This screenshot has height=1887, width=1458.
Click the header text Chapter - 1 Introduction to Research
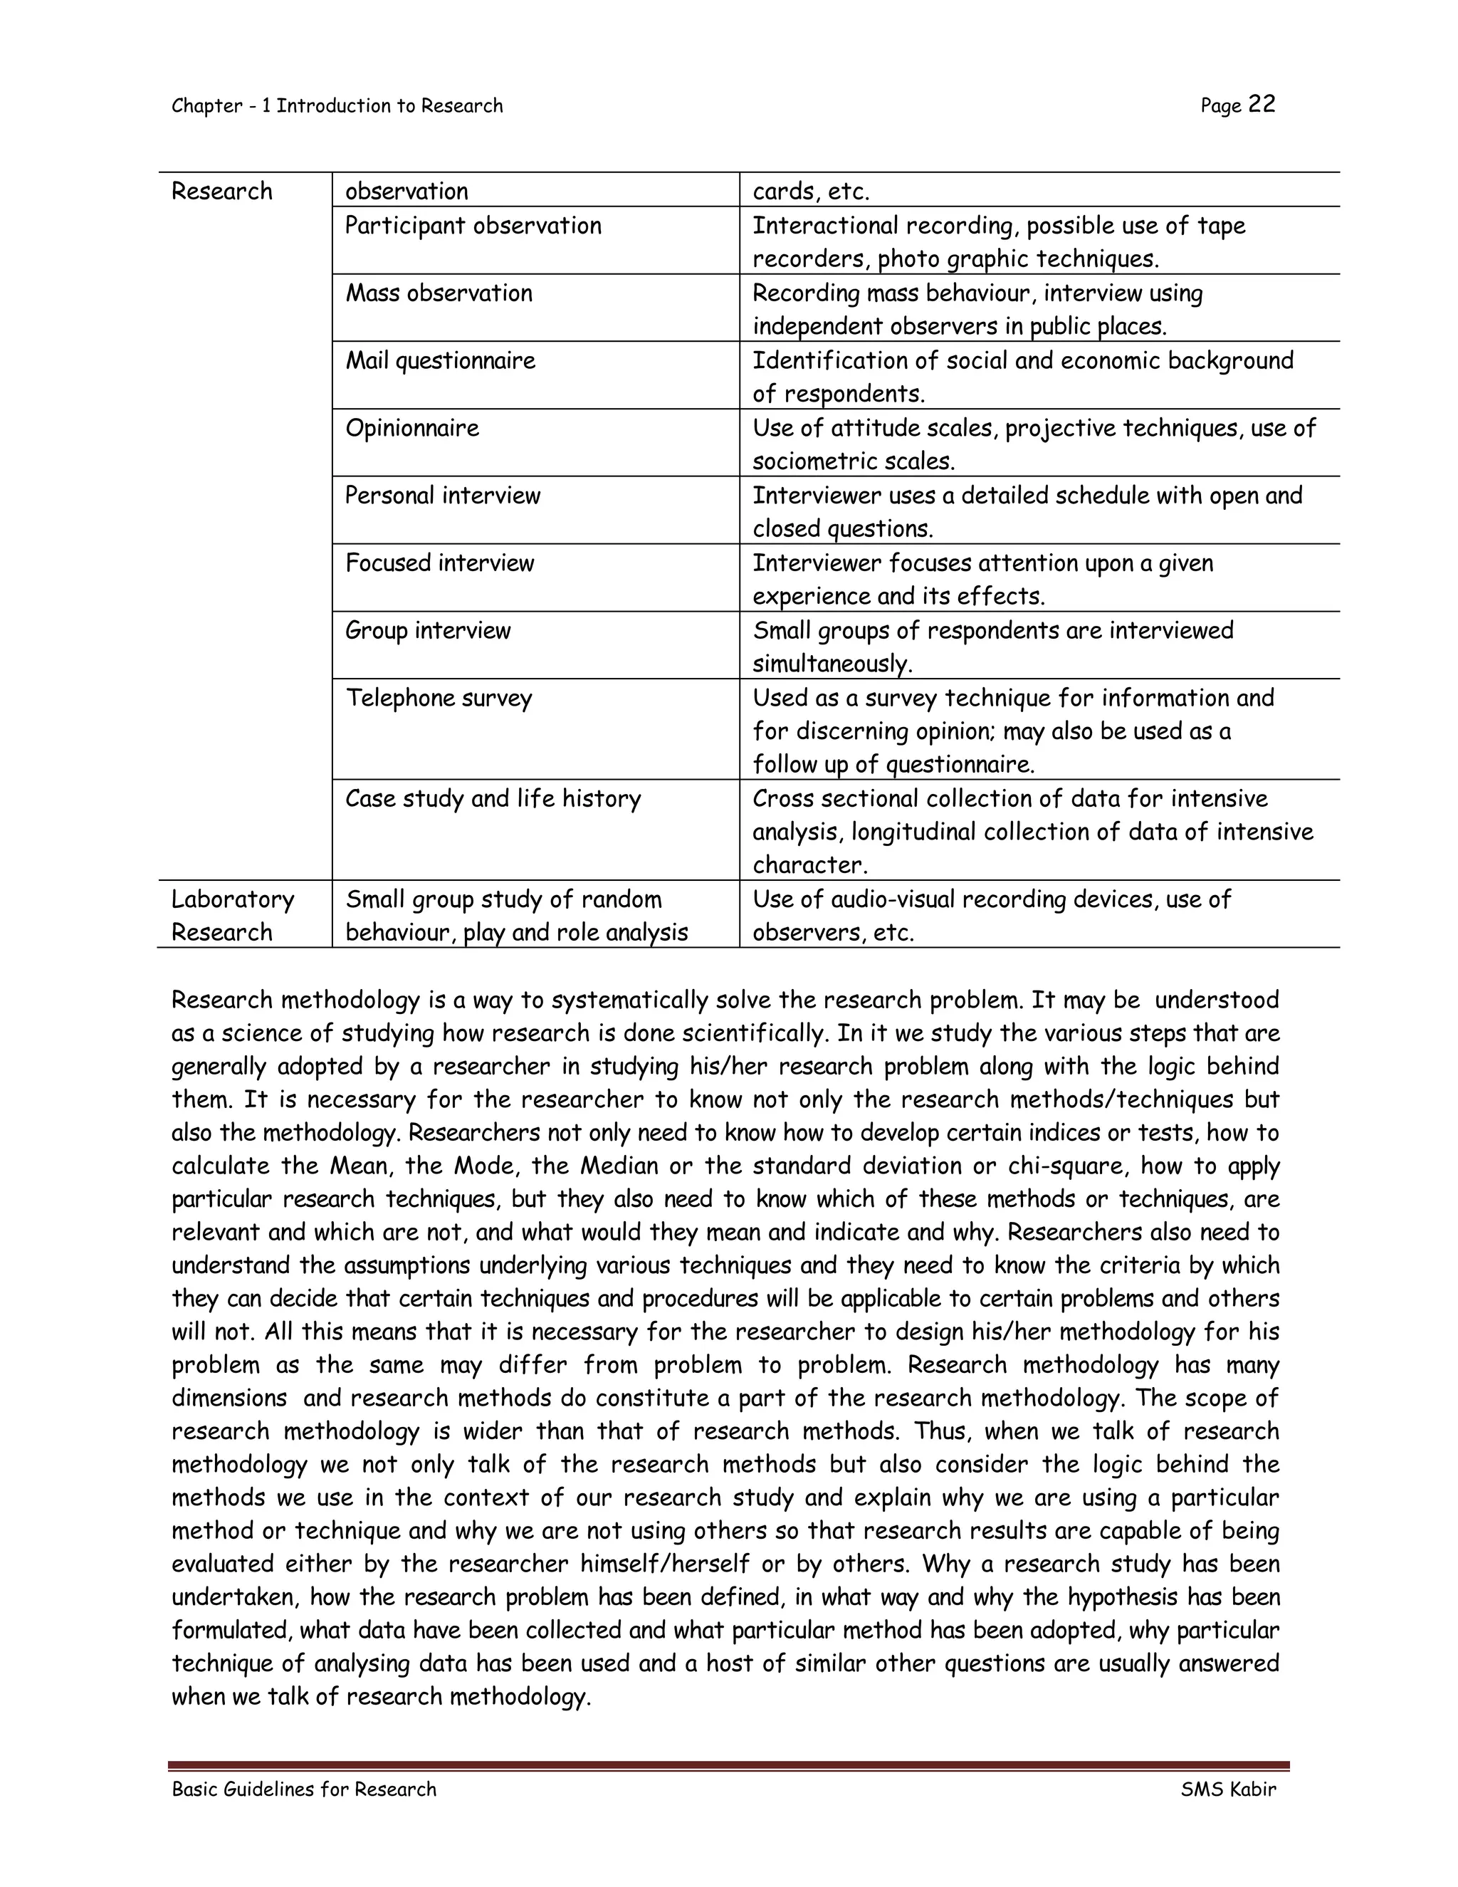coord(337,105)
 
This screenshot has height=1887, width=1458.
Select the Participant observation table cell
coord(473,226)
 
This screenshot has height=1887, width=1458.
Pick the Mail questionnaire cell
coord(441,360)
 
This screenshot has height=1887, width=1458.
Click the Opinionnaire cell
coord(412,428)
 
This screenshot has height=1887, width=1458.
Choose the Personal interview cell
coord(442,495)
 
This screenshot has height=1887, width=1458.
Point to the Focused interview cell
coord(440,563)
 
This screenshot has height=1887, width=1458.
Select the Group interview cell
coord(428,630)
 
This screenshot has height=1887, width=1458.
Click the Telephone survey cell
coord(439,697)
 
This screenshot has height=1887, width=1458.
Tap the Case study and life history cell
coord(493,798)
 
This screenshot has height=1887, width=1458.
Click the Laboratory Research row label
coord(232,916)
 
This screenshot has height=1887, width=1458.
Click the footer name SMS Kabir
coord(1227,1789)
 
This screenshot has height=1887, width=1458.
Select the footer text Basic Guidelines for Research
coord(304,1789)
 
